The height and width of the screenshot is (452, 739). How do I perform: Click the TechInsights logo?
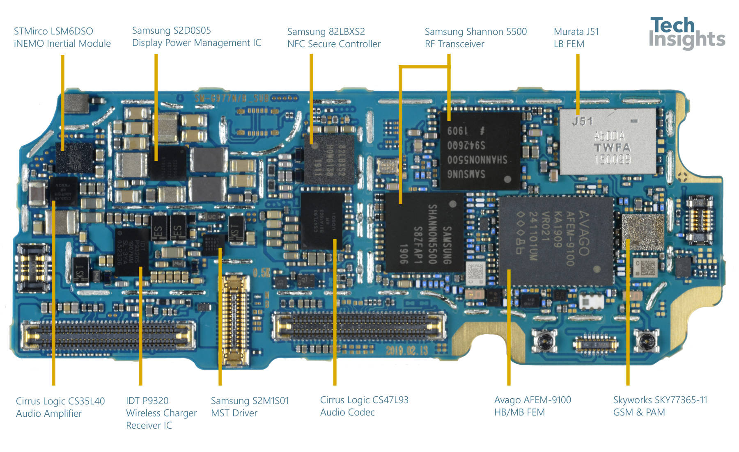[686, 33]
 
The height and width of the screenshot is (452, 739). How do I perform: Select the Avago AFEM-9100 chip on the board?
[556, 241]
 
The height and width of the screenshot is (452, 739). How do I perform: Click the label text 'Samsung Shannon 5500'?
[475, 32]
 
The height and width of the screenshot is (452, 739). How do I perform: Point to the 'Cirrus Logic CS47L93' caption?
[364, 400]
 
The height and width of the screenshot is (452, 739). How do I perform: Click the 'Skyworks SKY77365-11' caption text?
[660, 400]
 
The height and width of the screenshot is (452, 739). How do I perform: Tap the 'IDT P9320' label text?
[147, 401]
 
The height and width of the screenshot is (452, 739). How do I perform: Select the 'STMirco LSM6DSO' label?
[53, 31]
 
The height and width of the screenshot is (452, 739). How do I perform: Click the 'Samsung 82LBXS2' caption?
[326, 32]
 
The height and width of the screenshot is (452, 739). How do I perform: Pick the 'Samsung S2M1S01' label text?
[250, 401]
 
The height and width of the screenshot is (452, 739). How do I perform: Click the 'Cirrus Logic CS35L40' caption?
[60, 401]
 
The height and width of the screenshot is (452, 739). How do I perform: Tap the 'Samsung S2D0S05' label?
[171, 30]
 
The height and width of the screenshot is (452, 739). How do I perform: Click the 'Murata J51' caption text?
[576, 32]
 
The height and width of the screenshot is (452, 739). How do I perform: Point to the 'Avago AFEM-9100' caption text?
[532, 400]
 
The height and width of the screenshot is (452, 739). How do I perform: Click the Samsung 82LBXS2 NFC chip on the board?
[329, 159]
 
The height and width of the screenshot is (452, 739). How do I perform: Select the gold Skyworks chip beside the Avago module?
[643, 232]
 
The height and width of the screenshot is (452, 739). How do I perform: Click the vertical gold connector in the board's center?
[235, 320]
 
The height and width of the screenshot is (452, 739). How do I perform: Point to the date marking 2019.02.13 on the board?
[406, 350]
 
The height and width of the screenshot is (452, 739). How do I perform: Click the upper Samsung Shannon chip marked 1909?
[480, 151]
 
